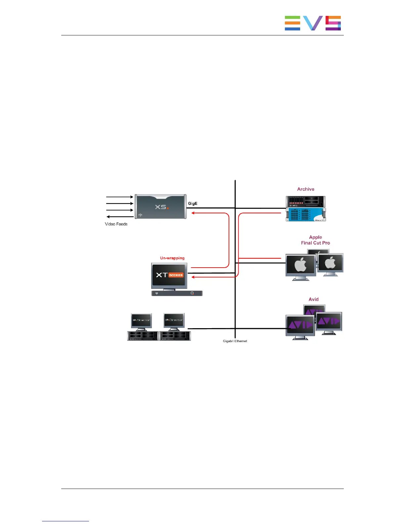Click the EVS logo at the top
click(313, 23)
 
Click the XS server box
click(160, 207)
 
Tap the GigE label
click(193, 203)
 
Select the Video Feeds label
click(116, 224)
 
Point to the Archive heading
click(305, 189)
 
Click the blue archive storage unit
click(306, 214)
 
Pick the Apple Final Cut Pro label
click(315, 240)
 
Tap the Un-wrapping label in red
click(172, 258)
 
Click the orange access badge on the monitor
click(176, 275)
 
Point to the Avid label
click(313, 299)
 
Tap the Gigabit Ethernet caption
click(235, 341)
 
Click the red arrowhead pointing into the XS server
click(194, 213)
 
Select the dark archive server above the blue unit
click(305, 201)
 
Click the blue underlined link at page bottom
click(66, 521)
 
